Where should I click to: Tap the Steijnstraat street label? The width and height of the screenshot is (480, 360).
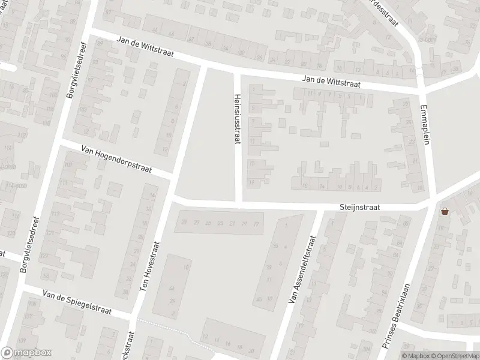(x=359, y=206)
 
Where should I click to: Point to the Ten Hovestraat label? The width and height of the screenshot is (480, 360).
(x=151, y=266)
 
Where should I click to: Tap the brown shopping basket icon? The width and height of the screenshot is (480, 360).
(x=445, y=211)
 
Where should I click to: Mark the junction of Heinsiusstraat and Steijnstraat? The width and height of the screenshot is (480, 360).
(x=238, y=202)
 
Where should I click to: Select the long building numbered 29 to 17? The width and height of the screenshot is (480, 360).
(x=219, y=224)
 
